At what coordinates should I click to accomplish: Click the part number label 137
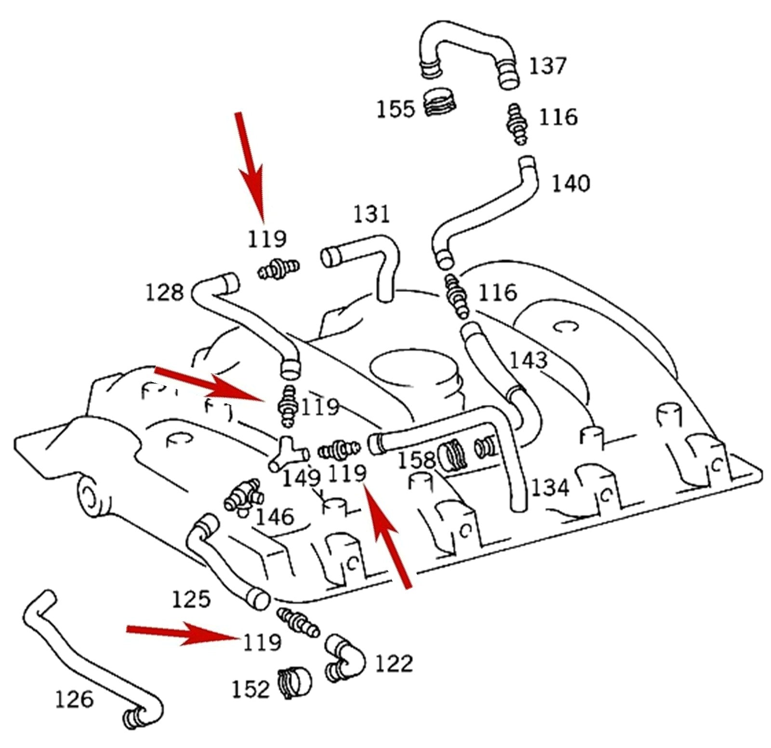click(x=547, y=66)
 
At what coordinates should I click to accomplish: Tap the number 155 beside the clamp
click(x=395, y=108)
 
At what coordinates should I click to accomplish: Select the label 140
click(x=571, y=184)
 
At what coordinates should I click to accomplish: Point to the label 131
click(x=371, y=214)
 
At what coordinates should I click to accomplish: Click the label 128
click(x=165, y=293)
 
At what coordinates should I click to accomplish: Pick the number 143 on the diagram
click(x=529, y=360)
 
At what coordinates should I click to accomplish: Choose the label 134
click(x=550, y=488)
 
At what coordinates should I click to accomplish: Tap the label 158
click(x=416, y=461)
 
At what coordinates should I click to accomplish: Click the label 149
click(x=301, y=478)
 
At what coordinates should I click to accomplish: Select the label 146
click(x=275, y=517)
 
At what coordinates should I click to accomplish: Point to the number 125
click(x=191, y=599)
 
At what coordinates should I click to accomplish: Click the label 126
click(x=74, y=699)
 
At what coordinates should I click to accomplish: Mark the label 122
click(x=394, y=664)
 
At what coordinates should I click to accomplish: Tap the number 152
click(x=250, y=689)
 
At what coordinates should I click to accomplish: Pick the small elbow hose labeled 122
click(x=345, y=657)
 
